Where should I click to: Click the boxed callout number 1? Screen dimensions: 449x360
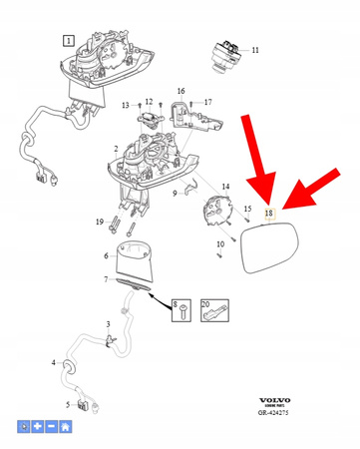[69, 41]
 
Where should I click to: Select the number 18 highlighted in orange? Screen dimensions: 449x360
[268, 213]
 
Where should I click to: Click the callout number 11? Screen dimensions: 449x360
[254, 50]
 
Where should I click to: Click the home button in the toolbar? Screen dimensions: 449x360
[66, 427]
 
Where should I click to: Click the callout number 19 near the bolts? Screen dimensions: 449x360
[99, 221]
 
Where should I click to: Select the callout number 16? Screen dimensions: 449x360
[180, 91]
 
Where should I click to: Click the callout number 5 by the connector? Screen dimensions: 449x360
[69, 404]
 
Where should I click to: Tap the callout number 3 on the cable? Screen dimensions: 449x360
[108, 324]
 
